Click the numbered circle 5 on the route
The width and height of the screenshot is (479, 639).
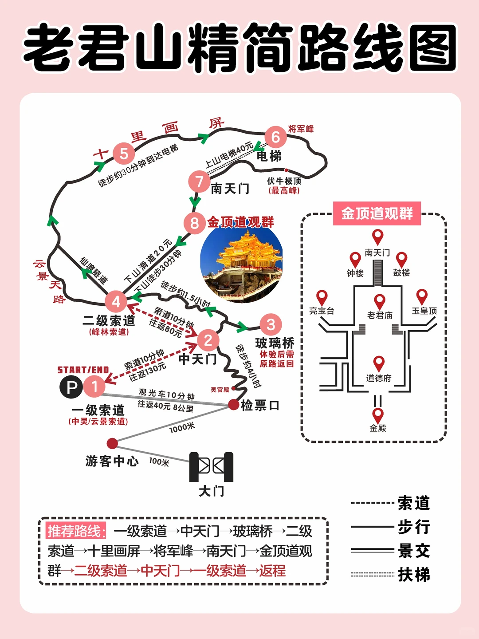[x=124, y=154]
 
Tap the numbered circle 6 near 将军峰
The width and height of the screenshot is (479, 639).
[x=275, y=137]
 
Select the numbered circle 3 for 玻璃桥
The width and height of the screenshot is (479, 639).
[x=271, y=325]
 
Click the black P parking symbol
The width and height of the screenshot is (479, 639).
[x=71, y=387]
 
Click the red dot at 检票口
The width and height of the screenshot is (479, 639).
[x=233, y=404]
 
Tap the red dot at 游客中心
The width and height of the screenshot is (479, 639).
[x=112, y=443]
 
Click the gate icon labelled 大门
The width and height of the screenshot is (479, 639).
[x=211, y=467]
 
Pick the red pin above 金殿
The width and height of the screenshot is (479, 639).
[x=377, y=415]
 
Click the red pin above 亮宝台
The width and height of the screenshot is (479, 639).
[x=322, y=297]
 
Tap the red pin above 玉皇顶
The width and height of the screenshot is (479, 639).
[x=422, y=296]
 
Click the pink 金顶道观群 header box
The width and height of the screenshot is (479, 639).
[x=377, y=213]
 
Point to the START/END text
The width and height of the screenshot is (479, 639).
[x=83, y=370]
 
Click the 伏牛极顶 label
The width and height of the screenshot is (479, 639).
[x=284, y=181]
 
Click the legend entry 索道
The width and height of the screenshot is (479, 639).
[x=413, y=503]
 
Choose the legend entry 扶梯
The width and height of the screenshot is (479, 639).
[x=413, y=575]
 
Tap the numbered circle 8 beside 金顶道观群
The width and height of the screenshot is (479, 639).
[x=194, y=222]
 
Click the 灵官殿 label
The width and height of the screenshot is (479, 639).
[x=220, y=390]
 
